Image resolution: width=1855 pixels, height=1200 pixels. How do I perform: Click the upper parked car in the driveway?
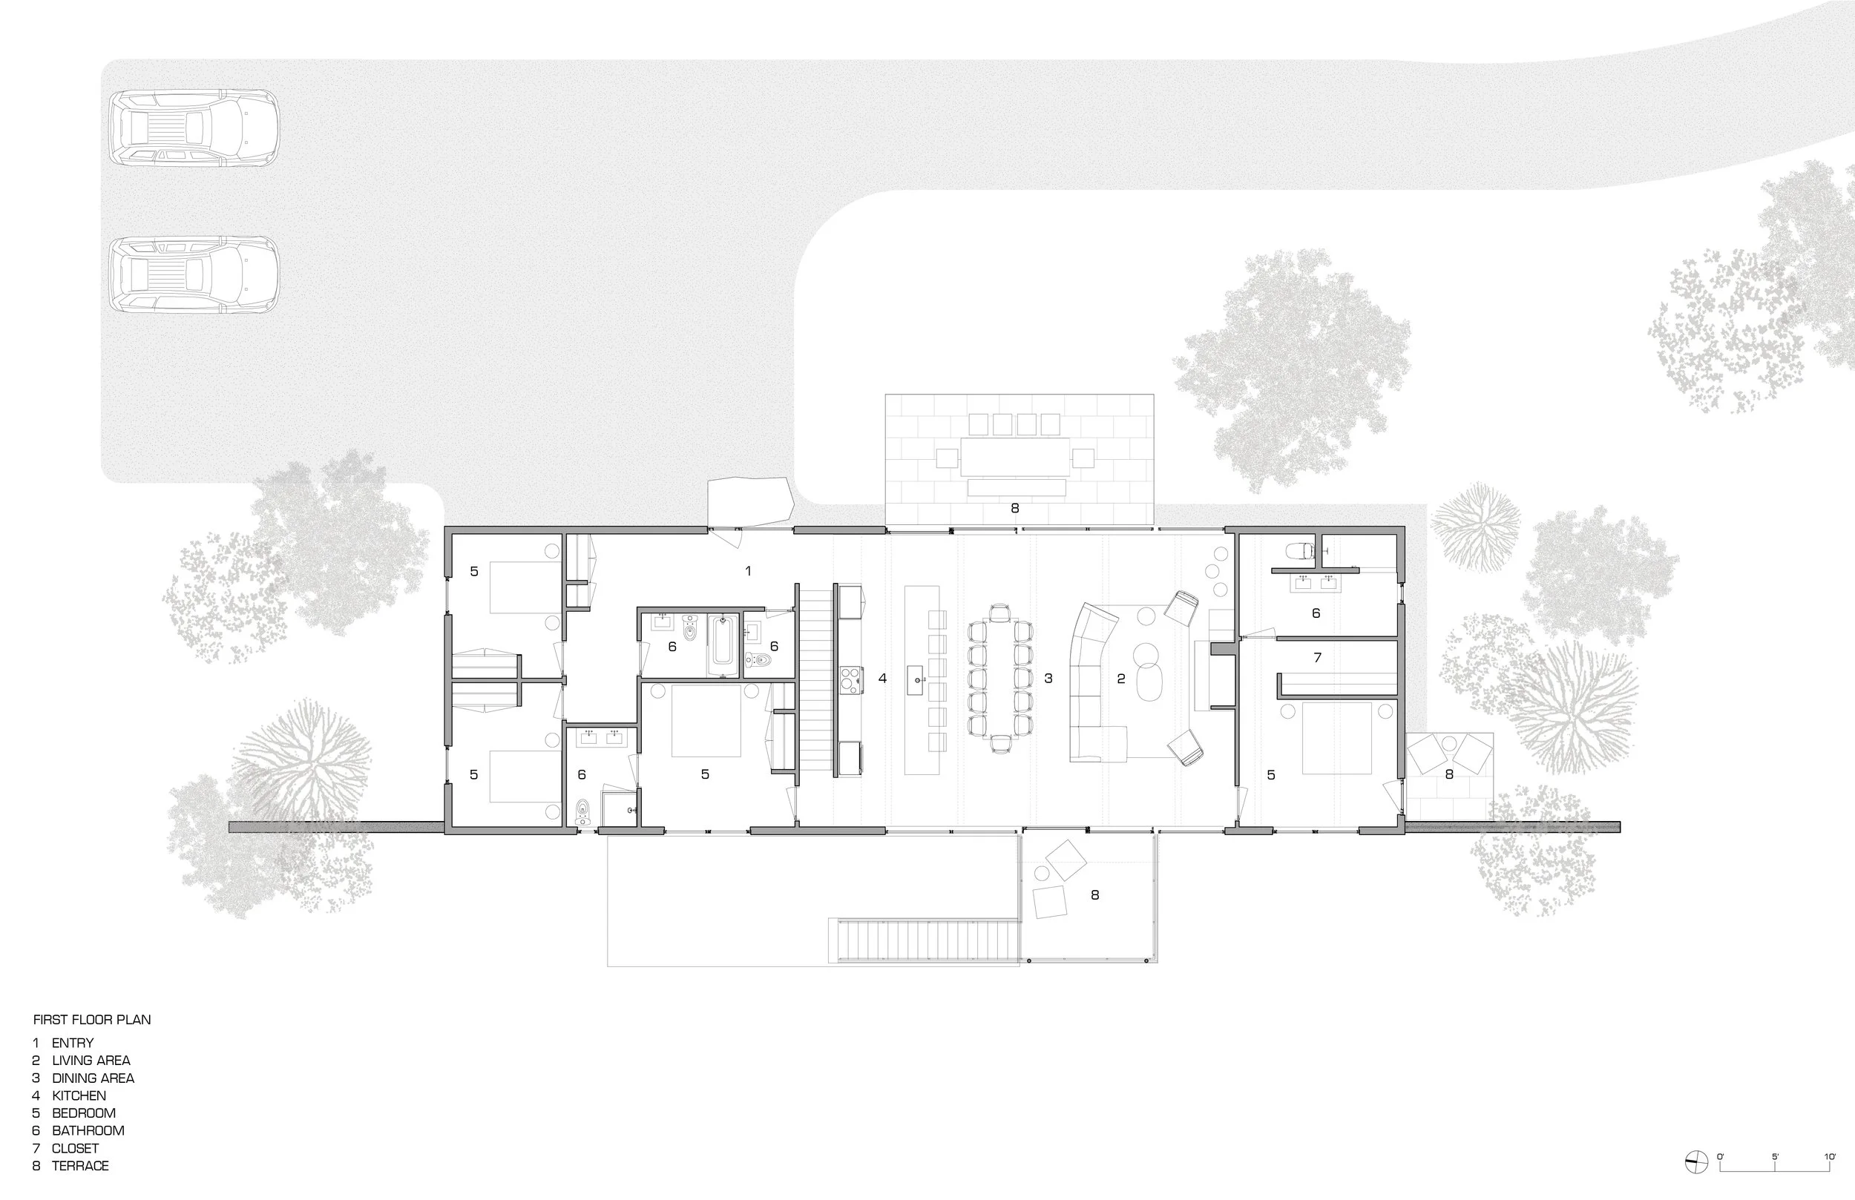[194, 128]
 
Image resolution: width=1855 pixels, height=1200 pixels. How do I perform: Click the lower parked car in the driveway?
[194, 275]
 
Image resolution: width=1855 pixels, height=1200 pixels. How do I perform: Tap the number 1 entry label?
[748, 571]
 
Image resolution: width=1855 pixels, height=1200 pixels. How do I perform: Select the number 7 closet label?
[1317, 658]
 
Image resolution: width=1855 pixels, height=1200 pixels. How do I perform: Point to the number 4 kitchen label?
[882, 678]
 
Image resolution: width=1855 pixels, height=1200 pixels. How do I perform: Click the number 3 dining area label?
[1048, 678]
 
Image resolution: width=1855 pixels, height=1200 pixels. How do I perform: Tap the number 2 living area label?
[1121, 678]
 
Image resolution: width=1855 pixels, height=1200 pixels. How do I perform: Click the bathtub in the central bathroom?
[723, 644]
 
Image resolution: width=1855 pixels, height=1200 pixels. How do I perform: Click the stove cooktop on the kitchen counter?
[850, 679]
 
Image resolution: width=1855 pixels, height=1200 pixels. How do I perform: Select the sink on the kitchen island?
[916, 678]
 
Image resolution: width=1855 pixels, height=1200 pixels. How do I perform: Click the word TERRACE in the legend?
[80, 1166]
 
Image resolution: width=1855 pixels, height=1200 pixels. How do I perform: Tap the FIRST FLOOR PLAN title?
[92, 1019]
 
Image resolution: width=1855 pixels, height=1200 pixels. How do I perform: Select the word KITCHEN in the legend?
[79, 1095]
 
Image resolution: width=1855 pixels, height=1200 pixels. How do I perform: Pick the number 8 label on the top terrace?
[1015, 508]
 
